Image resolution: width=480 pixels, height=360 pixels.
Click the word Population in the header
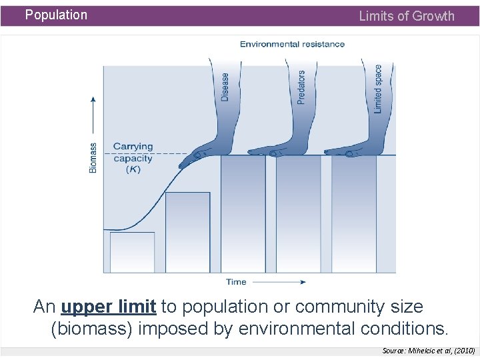56,15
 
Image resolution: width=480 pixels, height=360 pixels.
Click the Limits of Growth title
406,16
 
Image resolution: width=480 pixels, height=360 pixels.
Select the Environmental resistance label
292,44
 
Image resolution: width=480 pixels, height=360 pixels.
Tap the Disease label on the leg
225,87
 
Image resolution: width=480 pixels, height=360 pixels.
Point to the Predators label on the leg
301,87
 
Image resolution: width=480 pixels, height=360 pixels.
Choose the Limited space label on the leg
378,89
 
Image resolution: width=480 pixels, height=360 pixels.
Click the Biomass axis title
93,157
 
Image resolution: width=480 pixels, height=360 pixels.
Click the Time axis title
236,282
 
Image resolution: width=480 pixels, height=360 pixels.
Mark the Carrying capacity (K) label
133,158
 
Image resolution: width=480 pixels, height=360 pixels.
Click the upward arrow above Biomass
93,117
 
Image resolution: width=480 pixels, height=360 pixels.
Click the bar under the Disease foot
243,213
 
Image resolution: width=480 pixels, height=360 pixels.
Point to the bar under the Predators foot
298,213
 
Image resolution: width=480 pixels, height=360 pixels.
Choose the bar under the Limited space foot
353,213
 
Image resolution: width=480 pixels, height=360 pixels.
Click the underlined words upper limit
109,307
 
